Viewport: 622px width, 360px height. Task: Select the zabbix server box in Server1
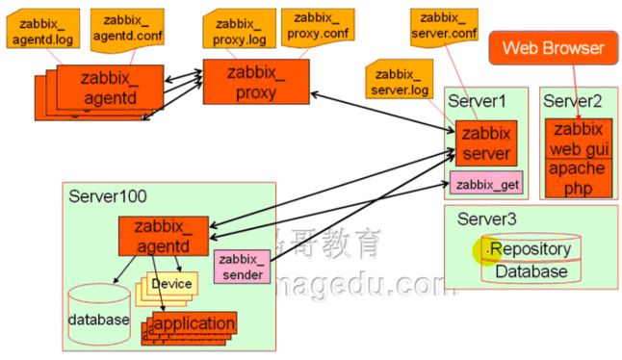click(x=484, y=143)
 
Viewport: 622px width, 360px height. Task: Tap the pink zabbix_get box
click(x=484, y=183)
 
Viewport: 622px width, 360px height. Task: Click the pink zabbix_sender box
click(x=242, y=267)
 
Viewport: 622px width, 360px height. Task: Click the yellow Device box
click(x=171, y=284)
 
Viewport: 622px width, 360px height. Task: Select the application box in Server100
click(x=193, y=323)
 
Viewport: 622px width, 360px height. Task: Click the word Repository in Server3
click(x=530, y=249)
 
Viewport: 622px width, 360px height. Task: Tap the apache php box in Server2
click(x=578, y=178)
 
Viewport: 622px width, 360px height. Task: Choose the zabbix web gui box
click(x=578, y=140)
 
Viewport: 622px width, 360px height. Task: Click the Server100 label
click(x=108, y=196)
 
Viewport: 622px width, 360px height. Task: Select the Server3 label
click(x=486, y=219)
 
